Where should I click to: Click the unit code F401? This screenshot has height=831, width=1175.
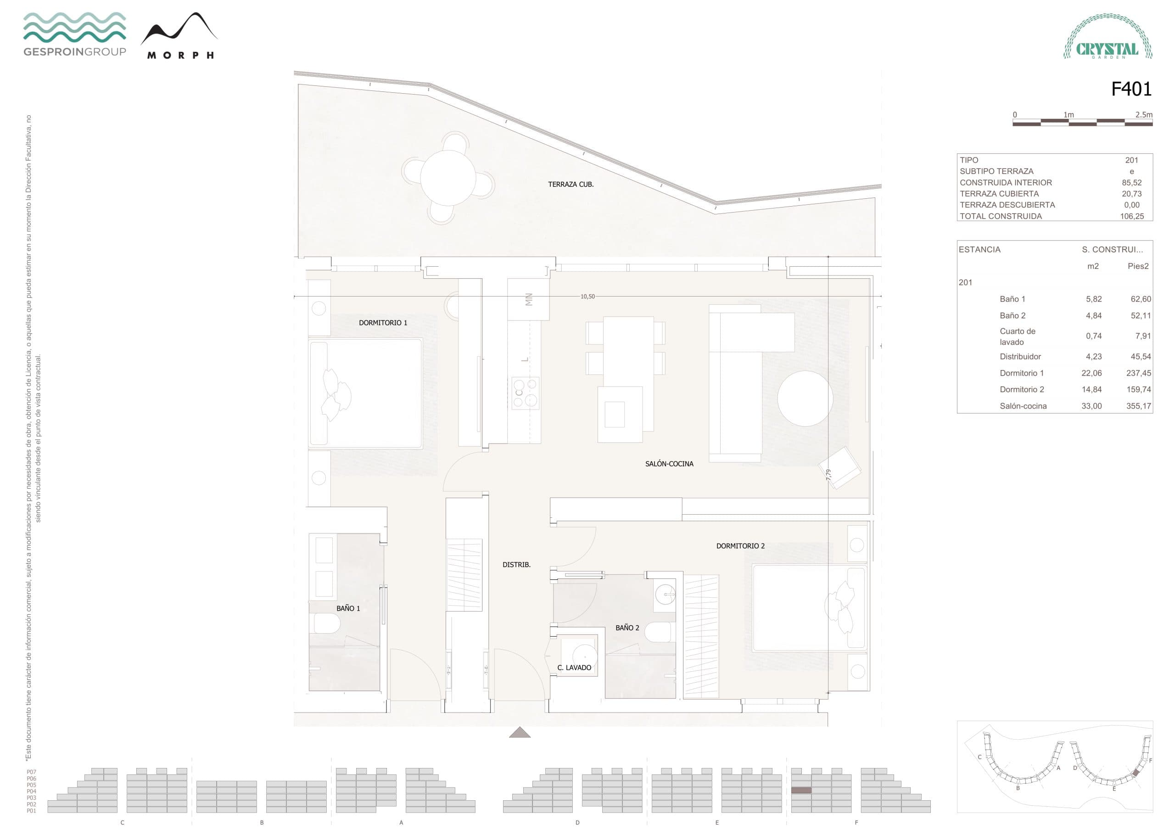1130,89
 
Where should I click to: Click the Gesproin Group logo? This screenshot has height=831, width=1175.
75,34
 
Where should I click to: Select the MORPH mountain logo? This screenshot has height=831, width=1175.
179,36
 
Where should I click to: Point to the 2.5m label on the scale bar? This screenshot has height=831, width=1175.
1144,115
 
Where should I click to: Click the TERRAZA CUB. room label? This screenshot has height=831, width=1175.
571,184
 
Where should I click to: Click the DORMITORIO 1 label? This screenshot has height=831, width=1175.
383,323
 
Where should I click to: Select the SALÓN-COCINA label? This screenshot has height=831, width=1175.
669,464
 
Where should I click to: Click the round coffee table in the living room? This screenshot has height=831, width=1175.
805,399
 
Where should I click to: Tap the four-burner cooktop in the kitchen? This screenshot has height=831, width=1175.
526,393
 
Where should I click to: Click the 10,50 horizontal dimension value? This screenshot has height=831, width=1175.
587,297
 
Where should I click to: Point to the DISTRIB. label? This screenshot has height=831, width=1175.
516,565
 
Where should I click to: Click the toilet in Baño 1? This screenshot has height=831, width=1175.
326,623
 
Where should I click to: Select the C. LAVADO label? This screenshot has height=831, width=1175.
574,668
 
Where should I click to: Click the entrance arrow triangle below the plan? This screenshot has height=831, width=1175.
520,733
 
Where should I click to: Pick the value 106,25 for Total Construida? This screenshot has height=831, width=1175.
1131,216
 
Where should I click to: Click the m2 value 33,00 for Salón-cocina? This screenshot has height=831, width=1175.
1091,406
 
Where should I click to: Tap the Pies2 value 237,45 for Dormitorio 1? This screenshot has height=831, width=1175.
1138,373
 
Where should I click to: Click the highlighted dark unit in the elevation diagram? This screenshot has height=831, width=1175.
801,791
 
